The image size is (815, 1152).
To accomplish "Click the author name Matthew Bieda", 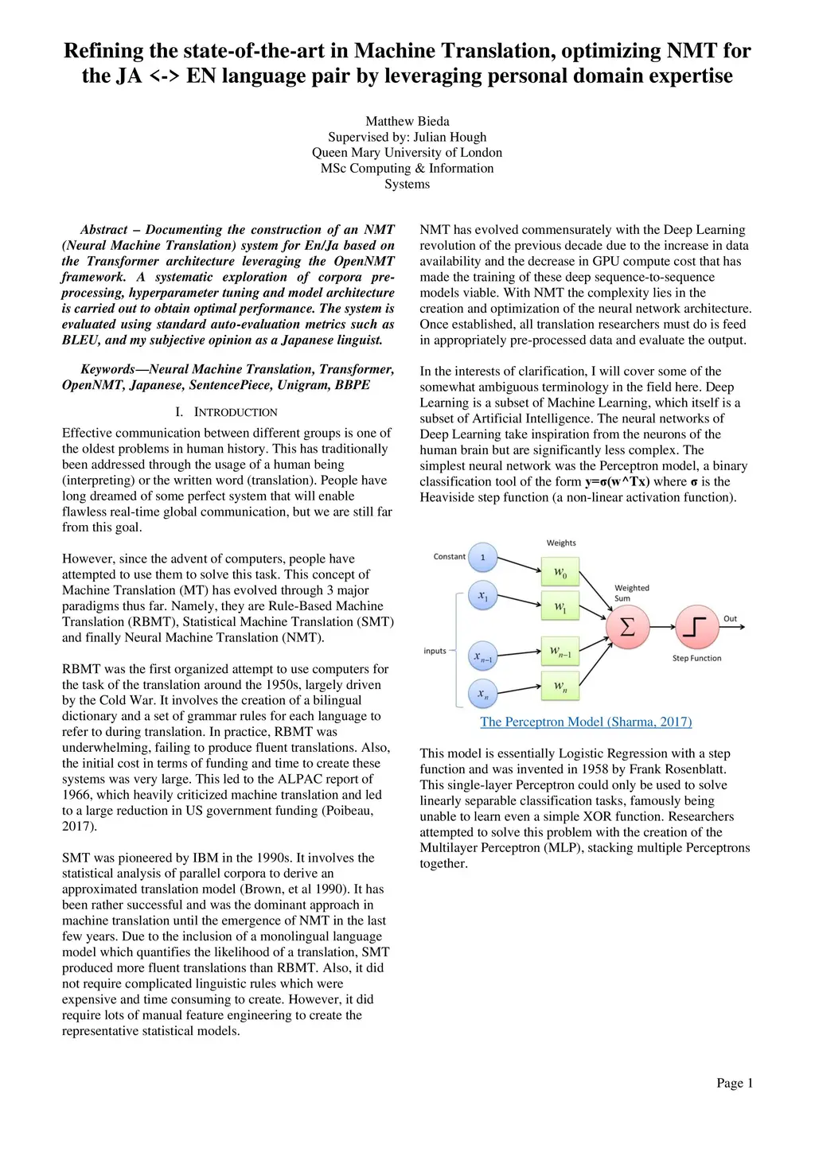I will click(407, 121).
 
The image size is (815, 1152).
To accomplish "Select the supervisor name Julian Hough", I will click(450, 137).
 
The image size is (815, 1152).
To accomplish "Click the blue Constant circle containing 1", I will click(482, 557).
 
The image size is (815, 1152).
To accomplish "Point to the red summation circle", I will click(627, 627).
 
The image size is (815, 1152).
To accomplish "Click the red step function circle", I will click(696, 627).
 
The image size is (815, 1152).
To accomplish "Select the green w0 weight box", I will click(560, 573).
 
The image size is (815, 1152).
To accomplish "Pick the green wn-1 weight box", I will click(560, 652).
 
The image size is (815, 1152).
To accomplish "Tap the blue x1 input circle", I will click(482, 595).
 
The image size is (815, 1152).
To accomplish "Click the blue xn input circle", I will click(482, 694).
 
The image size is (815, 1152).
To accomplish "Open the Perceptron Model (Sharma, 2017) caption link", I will click(586, 722).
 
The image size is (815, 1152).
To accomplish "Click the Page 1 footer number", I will click(734, 1083).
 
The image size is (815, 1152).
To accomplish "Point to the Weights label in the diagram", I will click(561, 543).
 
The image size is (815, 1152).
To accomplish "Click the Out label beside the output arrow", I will click(730, 618).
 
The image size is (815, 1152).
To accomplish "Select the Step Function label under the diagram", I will click(696, 659).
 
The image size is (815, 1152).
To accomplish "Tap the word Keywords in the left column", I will click(107, 369).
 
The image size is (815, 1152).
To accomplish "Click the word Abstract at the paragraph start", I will click(104, 230).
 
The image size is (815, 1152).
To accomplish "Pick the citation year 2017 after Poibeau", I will click(78, 826).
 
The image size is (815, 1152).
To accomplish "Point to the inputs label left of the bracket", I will click(435, 651).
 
